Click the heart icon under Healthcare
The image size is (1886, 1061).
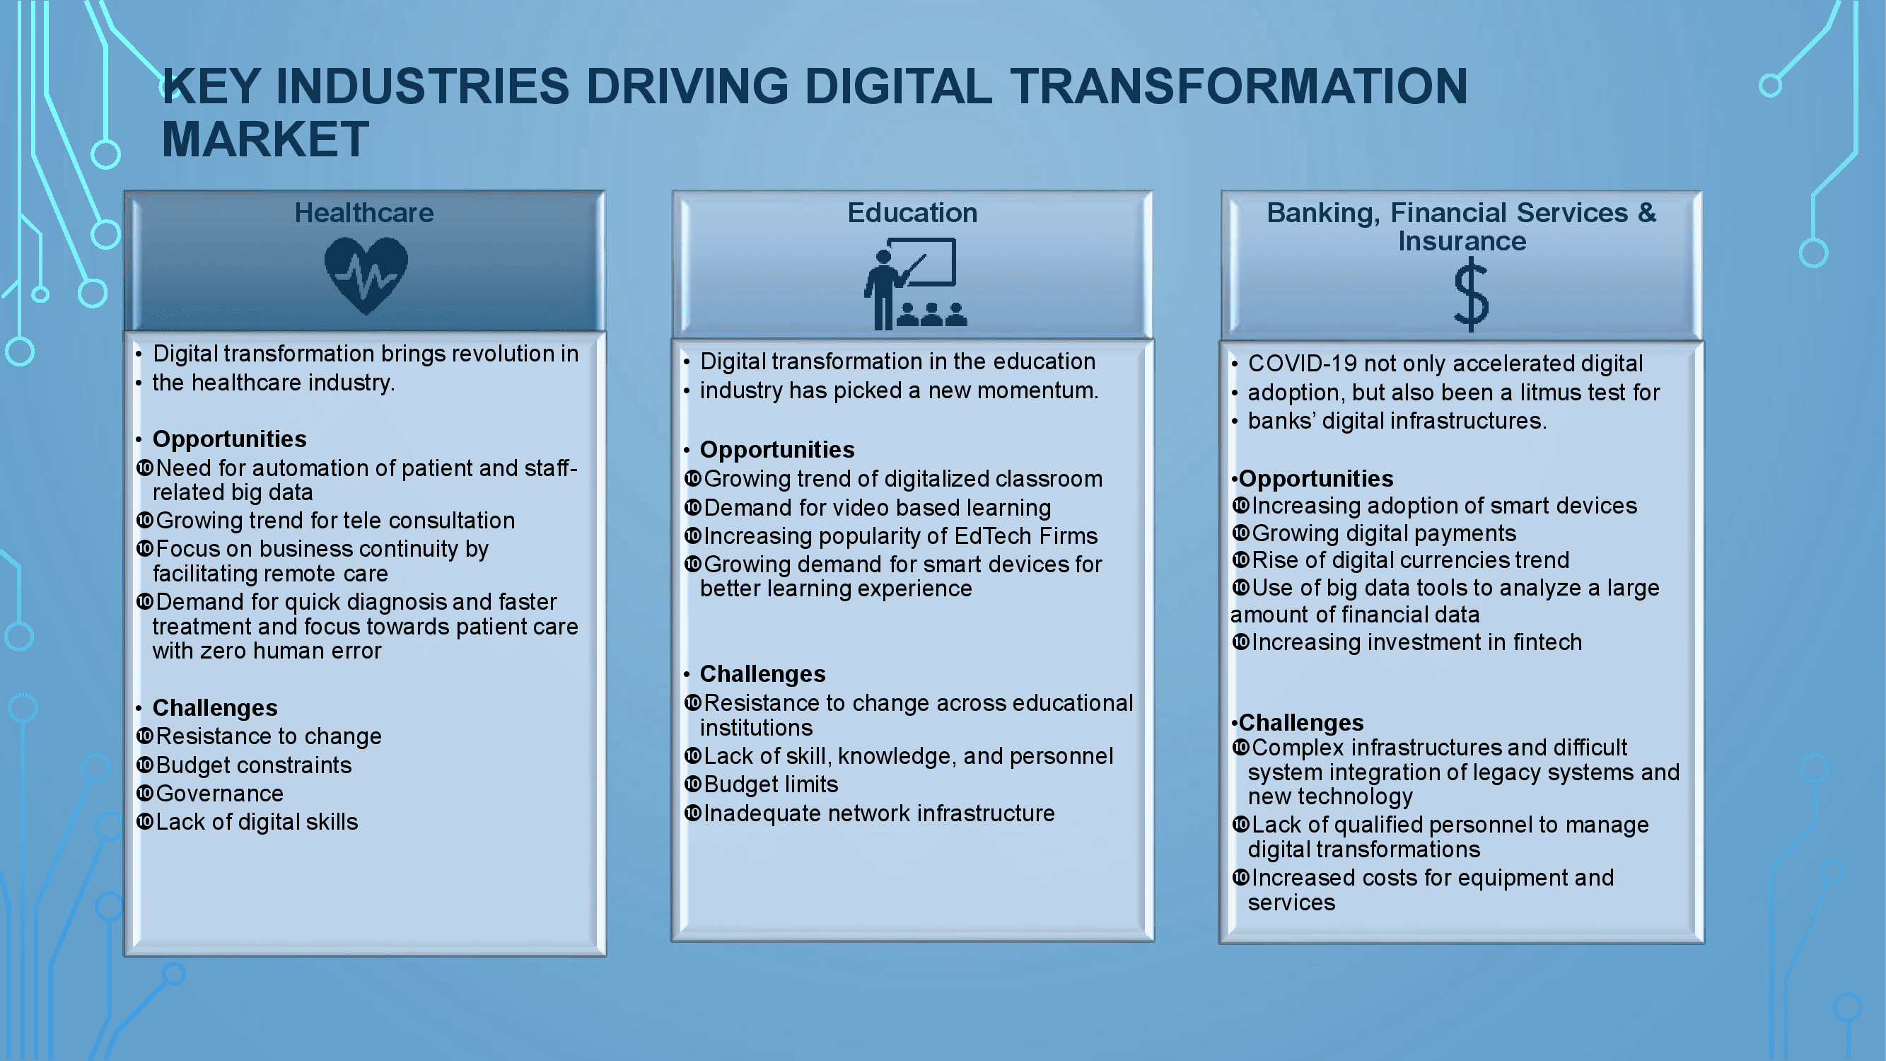coord(366,275)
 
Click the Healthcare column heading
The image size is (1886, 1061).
coord(364,212)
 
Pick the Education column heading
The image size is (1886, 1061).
coord(912,212)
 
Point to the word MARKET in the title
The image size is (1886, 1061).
coord(265,139)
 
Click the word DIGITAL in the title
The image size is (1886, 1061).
coord(897,86)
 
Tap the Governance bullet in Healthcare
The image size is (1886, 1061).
coord(220,794)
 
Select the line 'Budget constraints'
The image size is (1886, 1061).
coord(253,765)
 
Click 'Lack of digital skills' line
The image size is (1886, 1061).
coord(257,823)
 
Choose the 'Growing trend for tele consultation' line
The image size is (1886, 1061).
coord(335,521)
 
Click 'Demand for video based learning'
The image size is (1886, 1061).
coord(877,508)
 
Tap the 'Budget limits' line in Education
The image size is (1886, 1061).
coord(771,785)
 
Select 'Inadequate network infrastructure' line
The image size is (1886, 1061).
coord(878,813)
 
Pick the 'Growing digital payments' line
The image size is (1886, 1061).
coord(1384,534)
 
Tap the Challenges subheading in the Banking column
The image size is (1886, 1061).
coord(1301,723)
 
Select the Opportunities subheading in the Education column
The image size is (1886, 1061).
coord(776,450)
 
